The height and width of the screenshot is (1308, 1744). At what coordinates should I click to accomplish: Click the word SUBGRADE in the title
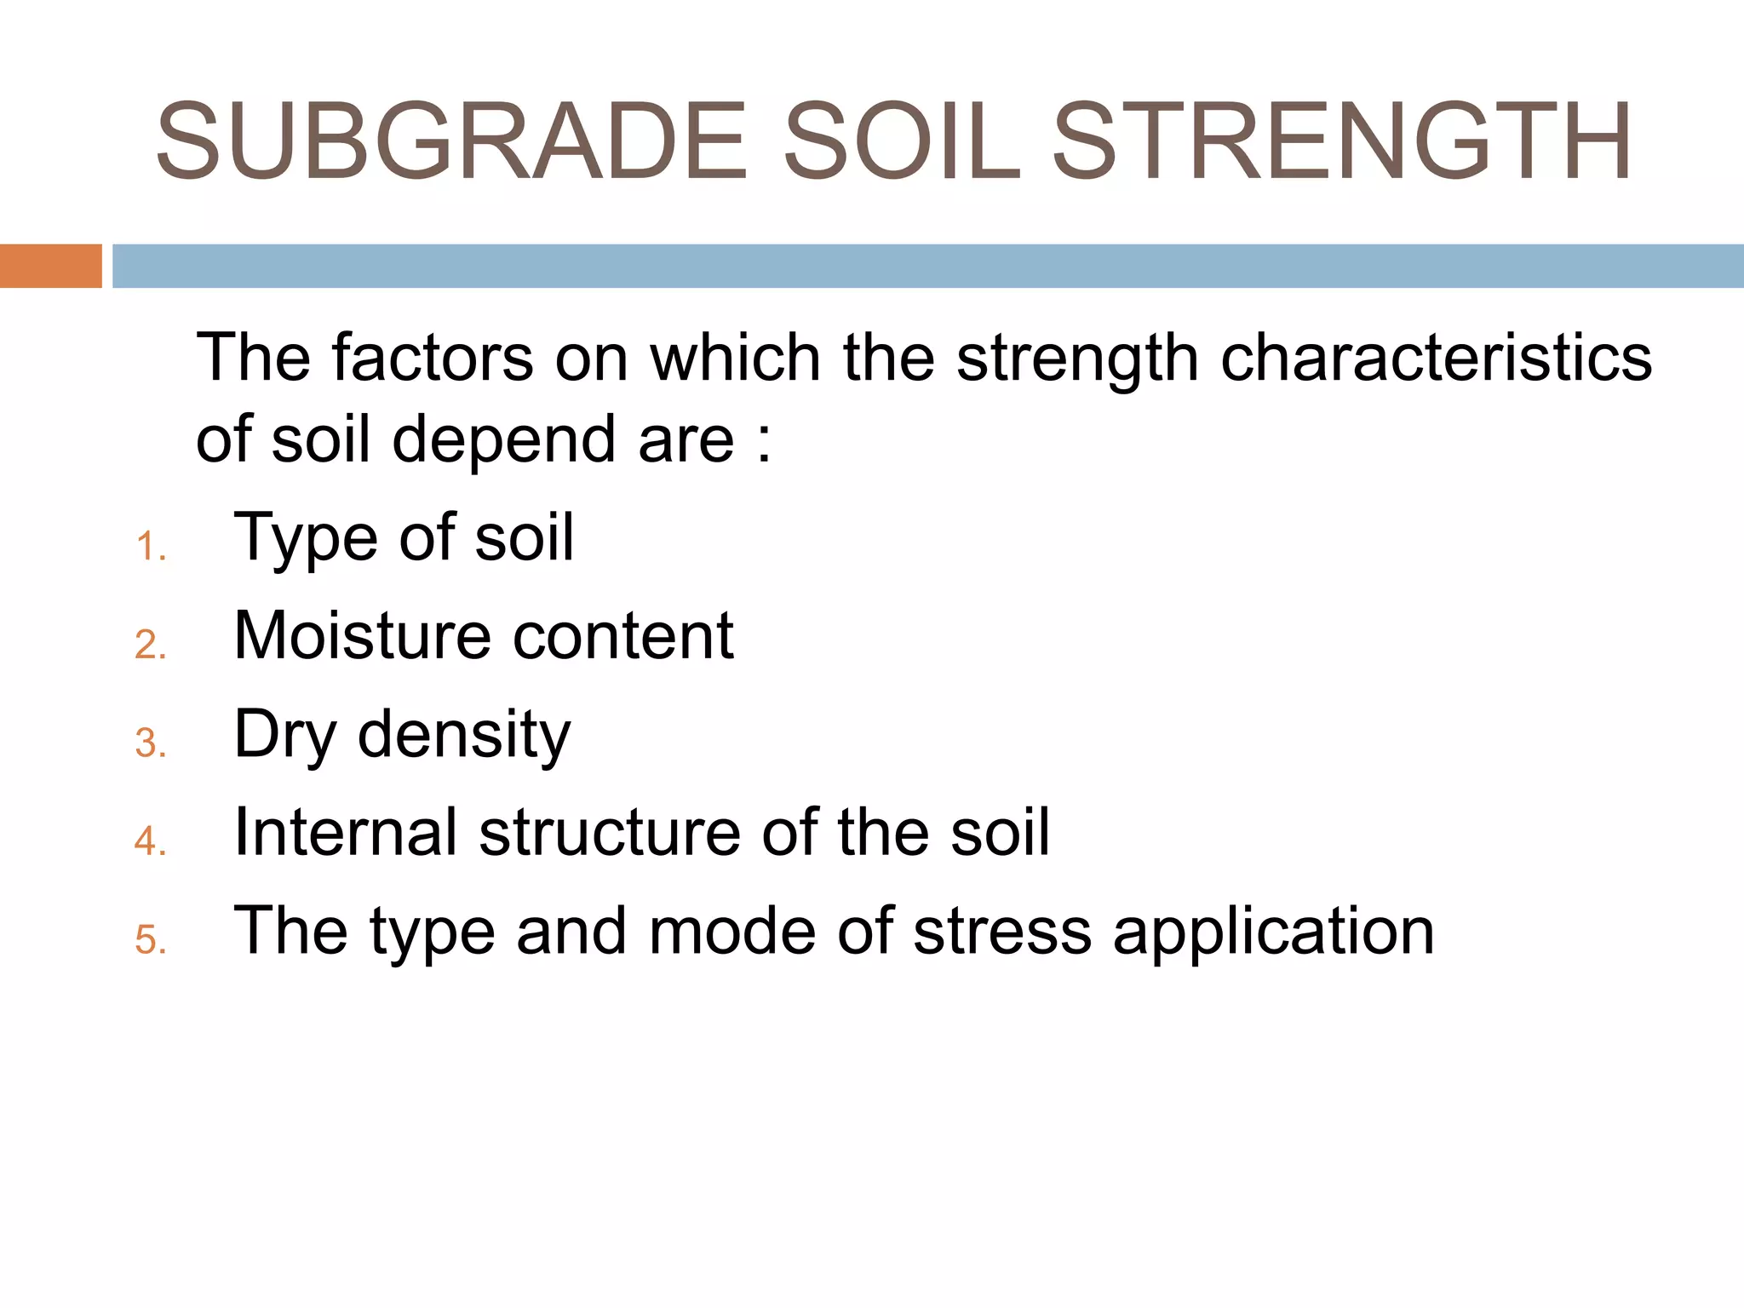pos(451,141)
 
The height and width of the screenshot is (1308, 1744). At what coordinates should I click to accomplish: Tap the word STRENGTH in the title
pos(1342,141)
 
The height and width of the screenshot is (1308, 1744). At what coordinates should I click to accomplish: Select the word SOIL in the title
pos(901,141)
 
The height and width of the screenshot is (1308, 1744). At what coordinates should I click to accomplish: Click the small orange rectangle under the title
pos(50,266)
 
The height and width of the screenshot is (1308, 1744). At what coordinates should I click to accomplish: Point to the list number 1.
pos(150,547)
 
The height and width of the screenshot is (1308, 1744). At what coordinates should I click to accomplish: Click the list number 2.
pos(150,645)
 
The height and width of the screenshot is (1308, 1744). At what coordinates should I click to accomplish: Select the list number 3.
pos(150,743)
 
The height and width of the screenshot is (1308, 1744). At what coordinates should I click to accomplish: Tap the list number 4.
pos(150,841)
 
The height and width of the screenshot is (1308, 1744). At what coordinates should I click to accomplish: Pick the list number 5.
pos(150,940)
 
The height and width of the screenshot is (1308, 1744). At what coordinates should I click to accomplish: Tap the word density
pos(464,736)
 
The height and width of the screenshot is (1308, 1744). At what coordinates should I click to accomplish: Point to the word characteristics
pos(1436,358)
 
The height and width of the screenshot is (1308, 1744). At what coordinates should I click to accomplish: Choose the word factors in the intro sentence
pos(433,358)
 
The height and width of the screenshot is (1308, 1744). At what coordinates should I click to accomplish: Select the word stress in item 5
pos(1002,931)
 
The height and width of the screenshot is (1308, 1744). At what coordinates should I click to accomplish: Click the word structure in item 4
pos(610,832)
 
